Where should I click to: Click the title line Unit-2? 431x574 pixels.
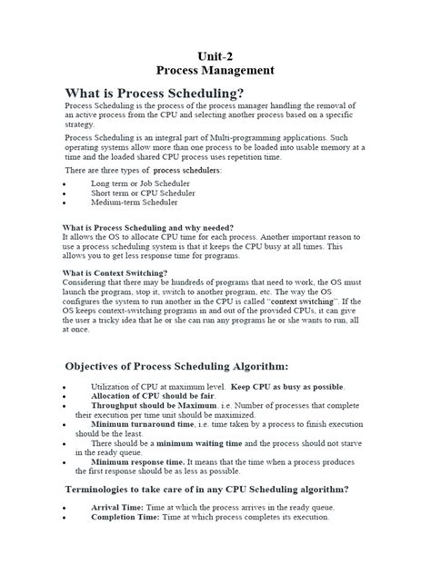pyautogui.click(x=215, y=54)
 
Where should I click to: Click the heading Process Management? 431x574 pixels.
pyautogui.click(x=215, y=69)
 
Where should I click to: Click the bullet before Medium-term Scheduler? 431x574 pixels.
pyautogui.click(x=64, y=203)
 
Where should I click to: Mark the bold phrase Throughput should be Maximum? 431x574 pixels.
pyautogui.click(x=153, y=407)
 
